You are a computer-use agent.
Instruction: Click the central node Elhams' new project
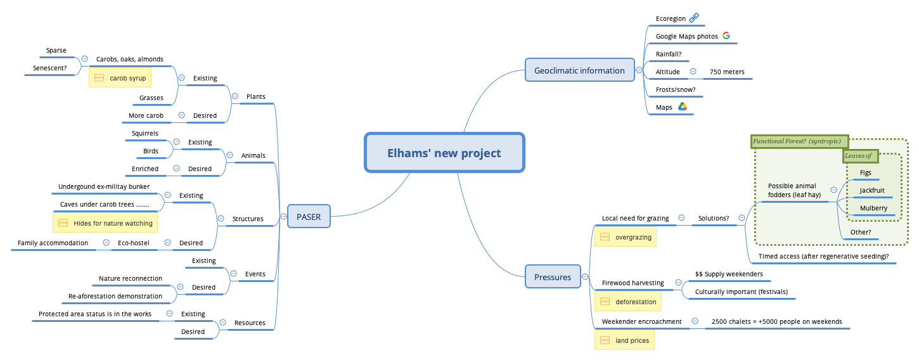pos(444,153)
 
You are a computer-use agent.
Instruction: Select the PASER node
pos(308,217)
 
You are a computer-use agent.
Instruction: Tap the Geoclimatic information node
pos(579,70)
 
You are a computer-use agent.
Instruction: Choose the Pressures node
pos(553,277)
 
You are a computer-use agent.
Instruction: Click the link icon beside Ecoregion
pos(693,18)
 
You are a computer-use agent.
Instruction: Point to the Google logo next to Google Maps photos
pos(726,36)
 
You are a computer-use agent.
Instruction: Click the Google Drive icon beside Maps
pos(683,107)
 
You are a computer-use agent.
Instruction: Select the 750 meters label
pos(727,72)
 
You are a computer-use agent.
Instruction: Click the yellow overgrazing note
pos(626,237)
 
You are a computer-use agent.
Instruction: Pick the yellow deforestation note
pos(628,302)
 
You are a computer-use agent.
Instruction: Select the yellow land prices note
pos(625,341)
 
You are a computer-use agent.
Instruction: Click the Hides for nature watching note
pos(105,223)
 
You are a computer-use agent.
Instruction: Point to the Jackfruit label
pos(872,190)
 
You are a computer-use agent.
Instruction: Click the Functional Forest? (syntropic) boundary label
pos(796,141)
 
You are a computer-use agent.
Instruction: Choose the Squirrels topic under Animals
pos(145,133)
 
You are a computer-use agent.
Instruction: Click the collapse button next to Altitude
pos(693,72)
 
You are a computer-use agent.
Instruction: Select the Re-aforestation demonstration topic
pos(115,296)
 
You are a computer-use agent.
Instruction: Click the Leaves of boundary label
pos(859,155)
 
